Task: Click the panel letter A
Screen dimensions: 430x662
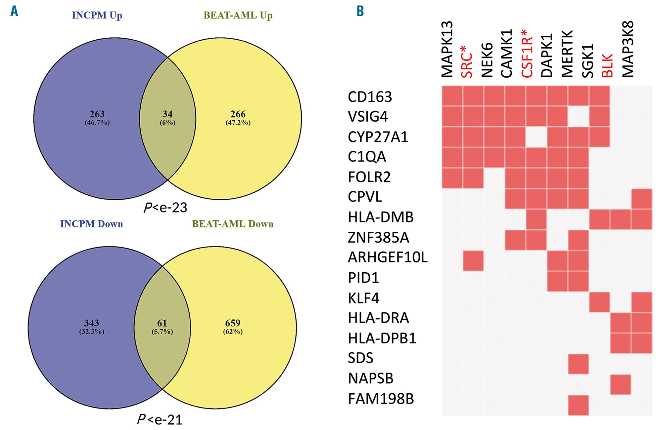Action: pyautogui.click(x=14, y=11)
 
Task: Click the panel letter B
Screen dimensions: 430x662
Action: pyautogui.click(x=360, y=11)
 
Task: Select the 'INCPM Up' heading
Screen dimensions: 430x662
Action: pyautogui.click(x=97, y=15)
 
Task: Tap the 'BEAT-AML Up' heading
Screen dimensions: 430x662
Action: pyautogui.click(x=238, y=15)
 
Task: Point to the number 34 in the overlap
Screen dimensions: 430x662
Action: pyautogui.click(x=167, y=114)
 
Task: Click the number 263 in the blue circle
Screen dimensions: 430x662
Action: pyautogui.click(x=97, y=114)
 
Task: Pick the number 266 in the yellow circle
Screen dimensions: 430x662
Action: pyautogui.click(x=238, y=114)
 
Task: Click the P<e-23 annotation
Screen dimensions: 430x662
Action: pyautogui.click(x=165, y=208)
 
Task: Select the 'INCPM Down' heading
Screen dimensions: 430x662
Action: pyautogui.click(x=91, y=224)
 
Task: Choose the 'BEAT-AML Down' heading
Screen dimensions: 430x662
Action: pyautogui.click(x=233, y=224)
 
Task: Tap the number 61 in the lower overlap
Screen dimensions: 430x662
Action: pyautogui.click(x=162, y=323)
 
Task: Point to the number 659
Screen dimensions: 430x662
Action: pyautogui.click(x=233, y=323)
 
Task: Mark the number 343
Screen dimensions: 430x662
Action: pyautogui.click(x=91, y=323)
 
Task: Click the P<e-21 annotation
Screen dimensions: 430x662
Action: pyautogui.click(x=160, y=419)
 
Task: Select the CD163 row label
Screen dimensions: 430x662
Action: pyautogui.click(x=370, y=97)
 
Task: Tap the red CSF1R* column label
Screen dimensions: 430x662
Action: pyautogui.click(x=527, y=54)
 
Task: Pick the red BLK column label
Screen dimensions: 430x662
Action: pyautogui.click(x=607, y=65)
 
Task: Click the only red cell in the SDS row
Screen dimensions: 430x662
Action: pyautogui.click(x=578, y=364)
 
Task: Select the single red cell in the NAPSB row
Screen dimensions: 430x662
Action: pyautogui.click(x=620, y=384)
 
